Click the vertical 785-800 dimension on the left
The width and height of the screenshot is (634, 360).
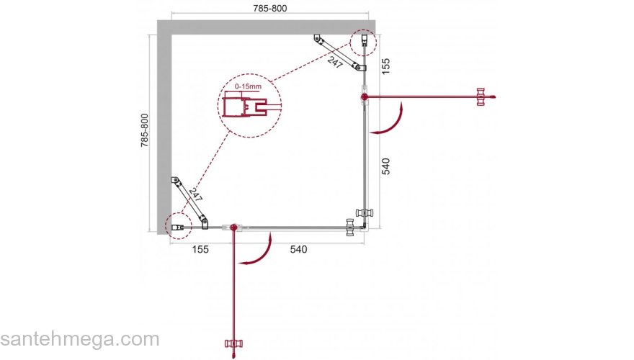144,130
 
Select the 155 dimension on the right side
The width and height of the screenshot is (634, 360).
385,67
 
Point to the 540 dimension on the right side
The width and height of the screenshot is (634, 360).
385,166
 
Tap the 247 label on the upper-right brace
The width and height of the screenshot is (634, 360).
335,62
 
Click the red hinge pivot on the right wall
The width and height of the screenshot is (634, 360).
365,96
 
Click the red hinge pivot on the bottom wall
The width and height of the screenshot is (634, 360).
233,228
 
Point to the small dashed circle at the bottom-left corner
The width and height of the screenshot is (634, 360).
176,226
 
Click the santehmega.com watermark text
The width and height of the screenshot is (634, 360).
79,339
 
